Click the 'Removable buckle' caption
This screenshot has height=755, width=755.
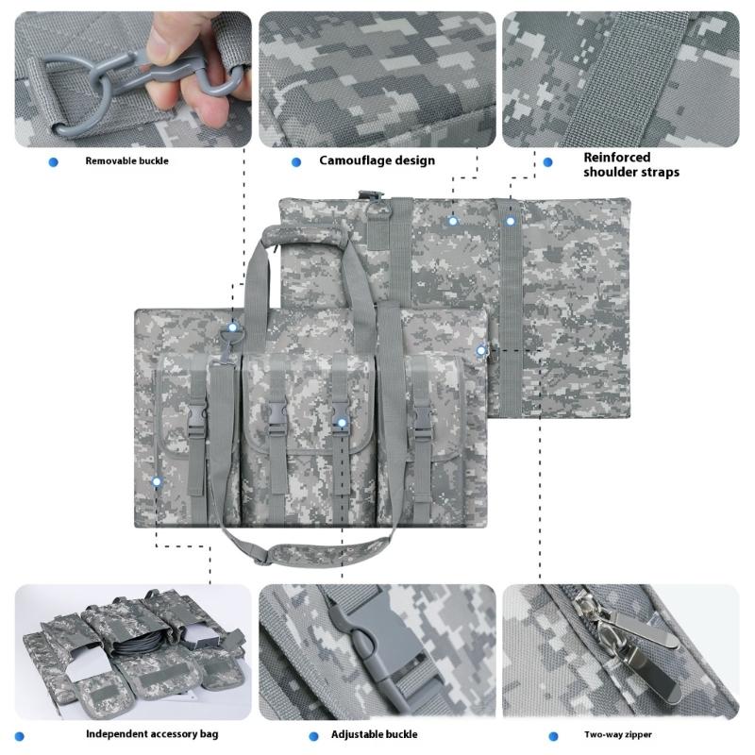[126, 161]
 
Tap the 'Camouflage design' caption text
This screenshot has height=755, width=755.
[377, 160]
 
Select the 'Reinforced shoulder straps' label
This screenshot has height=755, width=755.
[630, 164]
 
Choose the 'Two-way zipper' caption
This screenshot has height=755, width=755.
[618, 734]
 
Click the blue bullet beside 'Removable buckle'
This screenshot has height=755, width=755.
[53, 162]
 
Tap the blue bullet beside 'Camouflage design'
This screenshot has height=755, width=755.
[296, 162]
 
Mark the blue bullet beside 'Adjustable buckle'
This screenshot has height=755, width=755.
[313, 736]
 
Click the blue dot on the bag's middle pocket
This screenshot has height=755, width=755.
[341, 423]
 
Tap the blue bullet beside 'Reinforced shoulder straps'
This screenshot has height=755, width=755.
[548, 162]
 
